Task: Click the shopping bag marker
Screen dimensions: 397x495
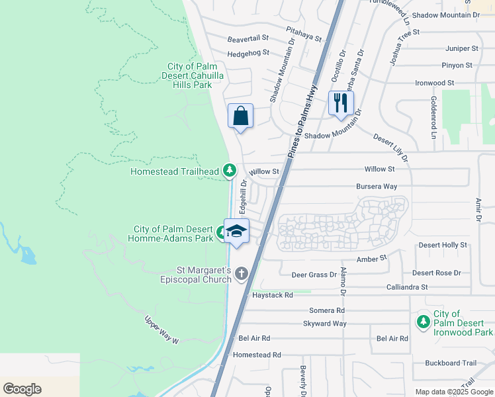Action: [240, 116]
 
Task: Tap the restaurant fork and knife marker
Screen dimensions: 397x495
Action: [341, 103]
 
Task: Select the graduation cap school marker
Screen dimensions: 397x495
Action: [236, 231]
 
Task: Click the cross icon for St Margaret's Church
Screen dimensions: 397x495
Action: [242, 273]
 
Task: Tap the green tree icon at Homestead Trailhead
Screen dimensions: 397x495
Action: [230, 171]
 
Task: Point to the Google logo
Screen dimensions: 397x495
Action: [22, 389]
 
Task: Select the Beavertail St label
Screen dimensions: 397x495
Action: [248, 39]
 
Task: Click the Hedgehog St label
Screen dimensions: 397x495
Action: [248, 53]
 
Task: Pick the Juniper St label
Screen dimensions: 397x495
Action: [462, 48]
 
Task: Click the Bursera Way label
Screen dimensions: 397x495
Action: [377, 187]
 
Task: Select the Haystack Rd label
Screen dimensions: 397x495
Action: [272, 295]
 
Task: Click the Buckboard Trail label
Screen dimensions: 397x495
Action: [451, 363]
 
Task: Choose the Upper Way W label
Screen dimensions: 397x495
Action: [162, 330]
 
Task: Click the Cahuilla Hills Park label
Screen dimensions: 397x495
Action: [195, 75]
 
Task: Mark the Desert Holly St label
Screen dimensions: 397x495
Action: [443, 245]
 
